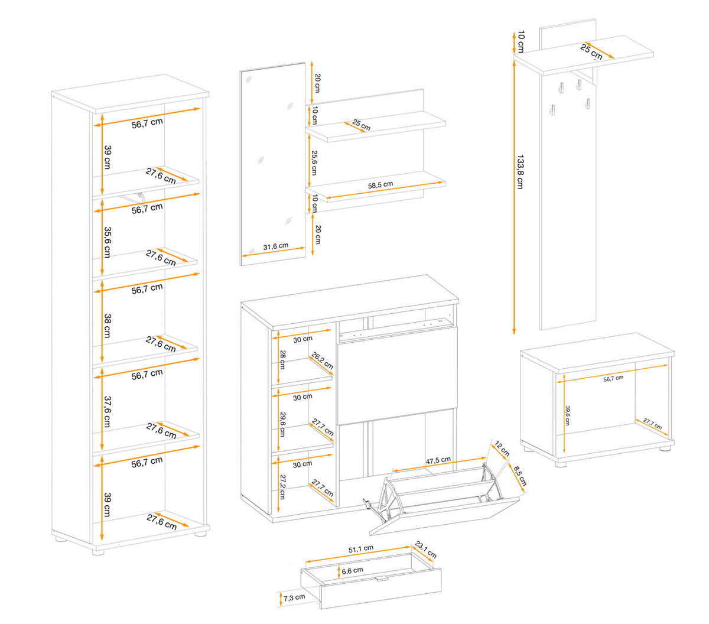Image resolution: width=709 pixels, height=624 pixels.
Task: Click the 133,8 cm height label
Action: pos(520,171)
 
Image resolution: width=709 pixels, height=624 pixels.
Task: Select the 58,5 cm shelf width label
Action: pos(380,185)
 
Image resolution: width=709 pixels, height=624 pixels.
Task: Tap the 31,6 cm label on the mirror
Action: pos(275,246)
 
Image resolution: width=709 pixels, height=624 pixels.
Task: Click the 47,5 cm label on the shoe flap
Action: pos(438,460)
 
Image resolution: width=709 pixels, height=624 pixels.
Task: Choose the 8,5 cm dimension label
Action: pos(519,476)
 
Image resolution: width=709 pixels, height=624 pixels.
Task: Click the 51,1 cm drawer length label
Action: pos(360,549)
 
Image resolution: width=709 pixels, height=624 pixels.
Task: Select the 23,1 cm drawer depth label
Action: pos(425,550)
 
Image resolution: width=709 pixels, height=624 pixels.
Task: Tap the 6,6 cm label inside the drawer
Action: pos(352,571)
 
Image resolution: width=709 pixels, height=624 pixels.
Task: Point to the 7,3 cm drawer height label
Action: pos(294,597)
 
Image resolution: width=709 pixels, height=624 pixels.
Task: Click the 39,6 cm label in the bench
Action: pos(567,415)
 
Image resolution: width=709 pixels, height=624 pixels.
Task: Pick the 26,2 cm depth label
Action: pos(323,361)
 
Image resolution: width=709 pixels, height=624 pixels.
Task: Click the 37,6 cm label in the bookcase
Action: pos(107,412)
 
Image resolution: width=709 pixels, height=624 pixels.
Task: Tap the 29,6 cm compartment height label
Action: pos(282,424)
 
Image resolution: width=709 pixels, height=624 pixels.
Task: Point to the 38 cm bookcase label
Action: pos(107,326)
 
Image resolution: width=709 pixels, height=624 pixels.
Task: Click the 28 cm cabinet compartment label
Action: pos(282,359)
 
